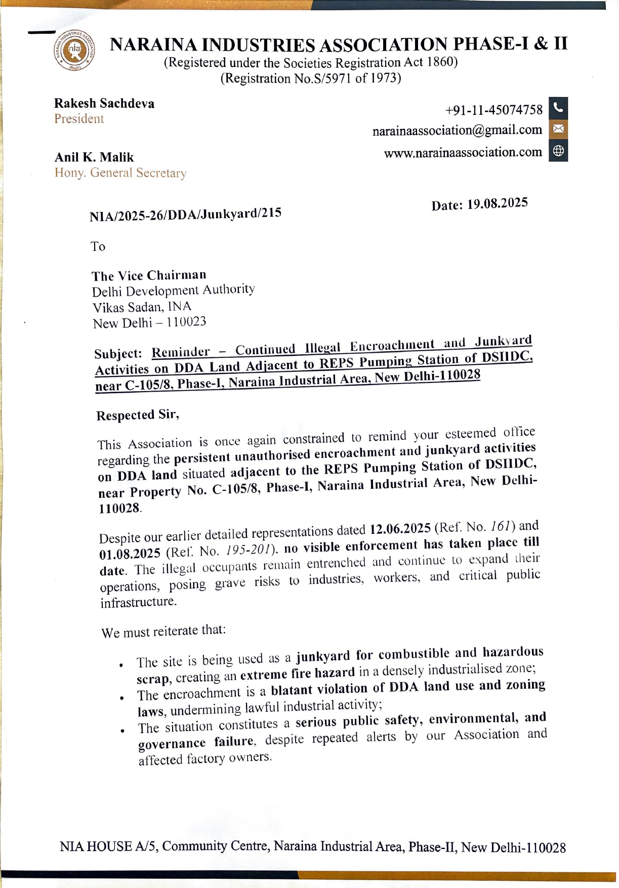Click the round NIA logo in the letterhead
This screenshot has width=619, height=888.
pos(74,50)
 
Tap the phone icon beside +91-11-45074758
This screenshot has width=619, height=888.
pos(558,108)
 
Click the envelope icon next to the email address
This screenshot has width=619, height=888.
pos(558,129)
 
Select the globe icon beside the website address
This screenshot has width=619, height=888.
pos(558,151)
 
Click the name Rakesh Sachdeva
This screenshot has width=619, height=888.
pos(104,103)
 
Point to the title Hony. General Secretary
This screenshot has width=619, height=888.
pos(120,173)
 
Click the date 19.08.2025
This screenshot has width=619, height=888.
pos(497,203)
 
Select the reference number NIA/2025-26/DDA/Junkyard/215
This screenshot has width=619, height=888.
pos(185,214)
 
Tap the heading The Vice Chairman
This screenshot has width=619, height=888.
pos(149,275)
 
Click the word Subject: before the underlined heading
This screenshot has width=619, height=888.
pos(118,353)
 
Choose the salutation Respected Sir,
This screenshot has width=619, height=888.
pos(138,415)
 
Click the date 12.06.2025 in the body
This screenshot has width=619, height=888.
pos(400,529)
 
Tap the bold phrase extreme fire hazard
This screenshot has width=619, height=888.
pos(297,673)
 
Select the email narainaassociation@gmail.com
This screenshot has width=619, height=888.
pos(457,130)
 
